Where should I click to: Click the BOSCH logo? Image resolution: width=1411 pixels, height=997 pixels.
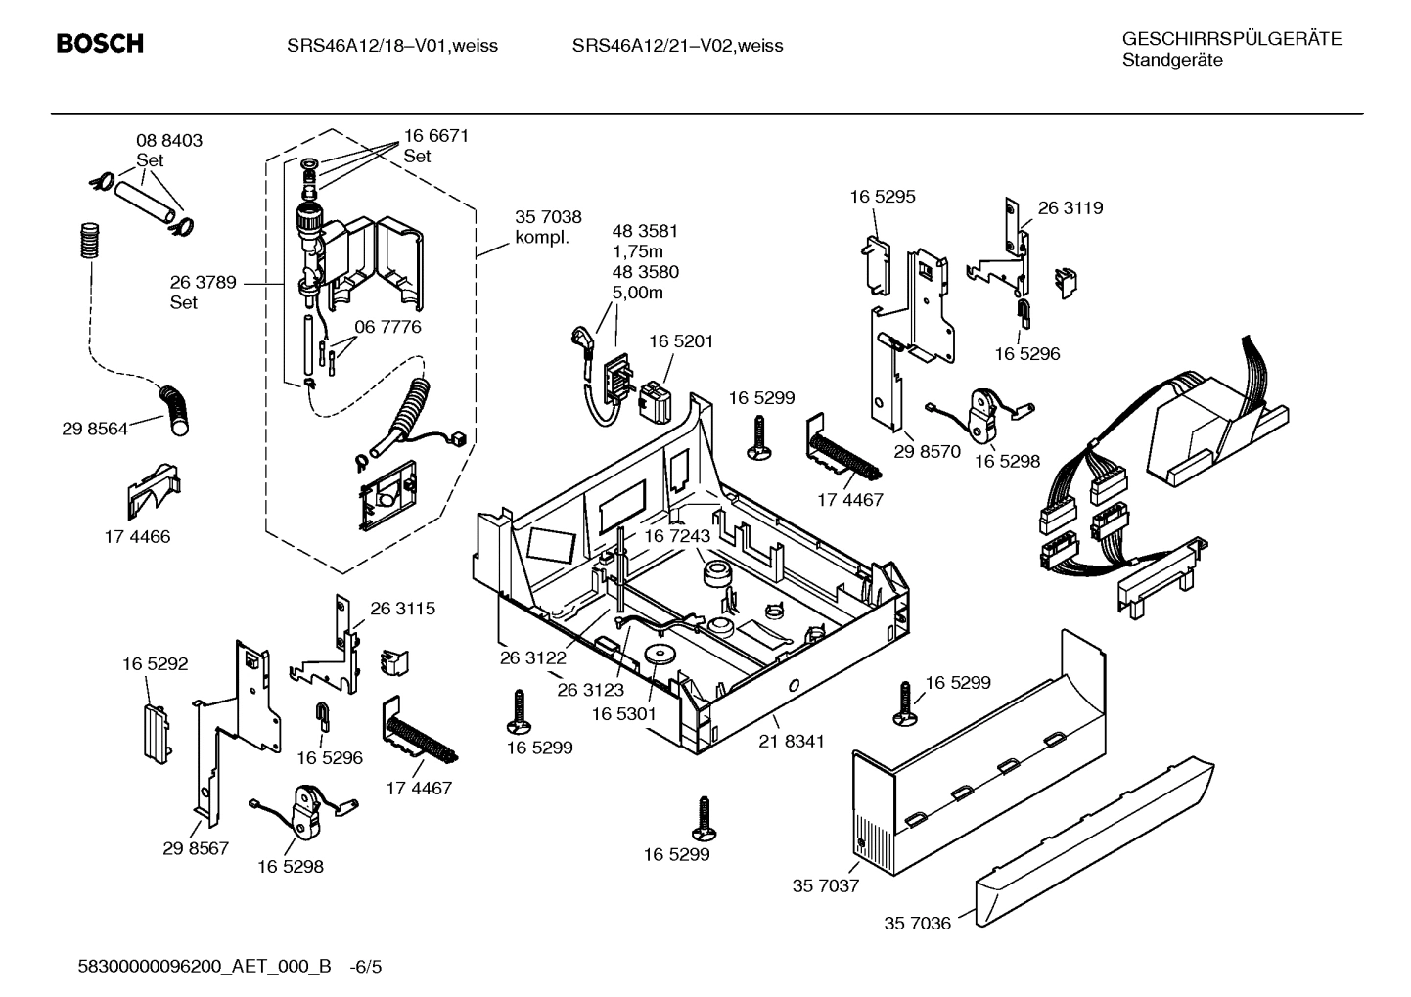tap(100, 44)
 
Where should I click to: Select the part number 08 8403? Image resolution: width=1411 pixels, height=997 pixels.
tap(169, 141)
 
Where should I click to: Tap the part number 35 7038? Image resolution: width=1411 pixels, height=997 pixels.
tap(548, 217)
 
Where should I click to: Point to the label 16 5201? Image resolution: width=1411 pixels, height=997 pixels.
tap(681, 341)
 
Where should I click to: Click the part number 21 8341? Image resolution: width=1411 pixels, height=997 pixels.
tap(791, 741)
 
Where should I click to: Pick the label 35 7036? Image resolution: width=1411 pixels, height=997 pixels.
tap(917, 923)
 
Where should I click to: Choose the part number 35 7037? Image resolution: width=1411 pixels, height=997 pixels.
tap(825, 885)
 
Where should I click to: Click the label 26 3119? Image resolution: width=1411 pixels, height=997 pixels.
tap(1070, 207)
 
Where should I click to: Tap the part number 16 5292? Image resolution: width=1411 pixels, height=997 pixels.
tap(155, 664)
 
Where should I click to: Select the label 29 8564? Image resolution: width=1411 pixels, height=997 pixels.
tap(95, 429)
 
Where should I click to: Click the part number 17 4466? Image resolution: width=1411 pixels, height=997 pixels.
tap(137, 536)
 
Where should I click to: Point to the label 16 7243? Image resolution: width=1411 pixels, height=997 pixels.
tap(676, 536)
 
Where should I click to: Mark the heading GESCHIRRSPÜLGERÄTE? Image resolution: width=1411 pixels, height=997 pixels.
tap(1231, 39)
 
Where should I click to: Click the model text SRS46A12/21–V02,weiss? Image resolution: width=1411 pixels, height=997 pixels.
tap(677, 46)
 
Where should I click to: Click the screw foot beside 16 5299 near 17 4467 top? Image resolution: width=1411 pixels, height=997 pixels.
tap(759, 437)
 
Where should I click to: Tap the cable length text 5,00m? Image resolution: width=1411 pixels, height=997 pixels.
tap(638, 292)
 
